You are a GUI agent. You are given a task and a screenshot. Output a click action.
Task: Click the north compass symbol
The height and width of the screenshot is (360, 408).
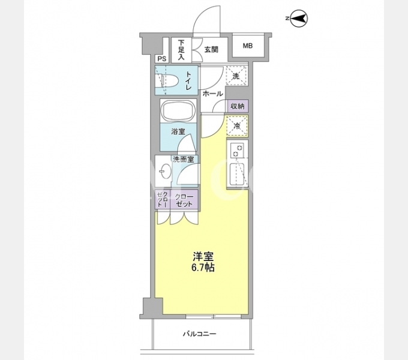298,19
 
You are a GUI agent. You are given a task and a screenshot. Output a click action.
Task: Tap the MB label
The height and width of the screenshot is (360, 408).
248,46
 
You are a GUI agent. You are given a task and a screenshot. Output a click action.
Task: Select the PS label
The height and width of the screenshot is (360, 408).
162,59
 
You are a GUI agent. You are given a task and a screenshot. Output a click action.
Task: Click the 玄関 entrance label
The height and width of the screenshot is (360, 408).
211,49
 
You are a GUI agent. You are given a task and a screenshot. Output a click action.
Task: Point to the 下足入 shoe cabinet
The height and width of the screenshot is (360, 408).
181,50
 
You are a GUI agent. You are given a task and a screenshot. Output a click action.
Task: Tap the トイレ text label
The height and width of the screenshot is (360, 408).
188,81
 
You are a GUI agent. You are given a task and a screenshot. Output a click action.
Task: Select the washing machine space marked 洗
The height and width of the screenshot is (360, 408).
236,76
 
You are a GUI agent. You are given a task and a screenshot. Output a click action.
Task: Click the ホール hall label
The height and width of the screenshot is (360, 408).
212,94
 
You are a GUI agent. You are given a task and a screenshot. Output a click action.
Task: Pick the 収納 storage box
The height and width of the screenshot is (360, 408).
238,106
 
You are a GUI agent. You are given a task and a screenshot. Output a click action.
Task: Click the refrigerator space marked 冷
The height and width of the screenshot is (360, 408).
237,126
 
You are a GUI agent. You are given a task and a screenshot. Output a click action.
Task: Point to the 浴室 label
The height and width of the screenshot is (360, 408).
178,131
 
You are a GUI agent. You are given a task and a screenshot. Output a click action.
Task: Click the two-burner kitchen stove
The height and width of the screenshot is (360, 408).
237,149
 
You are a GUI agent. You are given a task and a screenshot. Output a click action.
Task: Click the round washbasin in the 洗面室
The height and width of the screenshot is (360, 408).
165,171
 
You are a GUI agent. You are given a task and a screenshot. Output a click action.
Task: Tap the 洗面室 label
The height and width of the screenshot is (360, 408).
184,160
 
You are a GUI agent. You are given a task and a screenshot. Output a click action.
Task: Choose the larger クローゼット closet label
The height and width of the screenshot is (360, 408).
184,200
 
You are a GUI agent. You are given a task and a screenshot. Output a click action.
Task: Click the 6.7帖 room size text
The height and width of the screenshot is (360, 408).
203,268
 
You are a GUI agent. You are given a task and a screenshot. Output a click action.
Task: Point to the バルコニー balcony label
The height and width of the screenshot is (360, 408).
200,334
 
